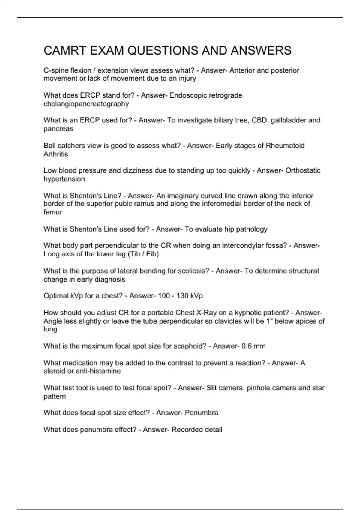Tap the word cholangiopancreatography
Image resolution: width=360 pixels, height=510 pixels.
(86, 104)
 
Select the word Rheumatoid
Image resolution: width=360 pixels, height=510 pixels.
(285, 146)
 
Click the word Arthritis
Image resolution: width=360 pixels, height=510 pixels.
(56, 154)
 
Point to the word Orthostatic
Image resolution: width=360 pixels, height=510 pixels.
(303, 170)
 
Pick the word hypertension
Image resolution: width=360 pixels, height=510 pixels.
(64, 179)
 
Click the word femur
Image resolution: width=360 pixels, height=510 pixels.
(53, 212)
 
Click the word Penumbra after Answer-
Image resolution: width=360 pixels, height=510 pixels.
(201, 413)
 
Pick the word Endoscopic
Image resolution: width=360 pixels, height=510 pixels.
(188, 95)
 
